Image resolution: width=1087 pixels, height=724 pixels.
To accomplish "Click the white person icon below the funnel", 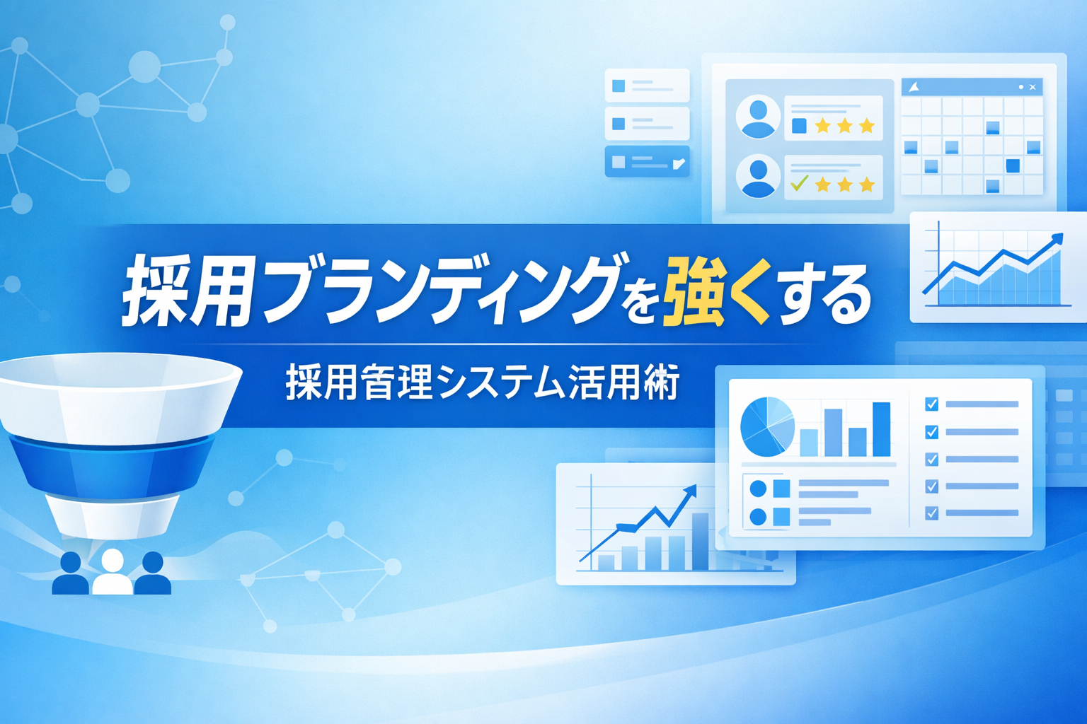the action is [x=112, y=572].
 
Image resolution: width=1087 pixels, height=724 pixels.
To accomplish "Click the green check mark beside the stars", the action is [x=799, y=183].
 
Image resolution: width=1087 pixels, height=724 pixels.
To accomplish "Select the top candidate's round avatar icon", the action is [x=758, y=117].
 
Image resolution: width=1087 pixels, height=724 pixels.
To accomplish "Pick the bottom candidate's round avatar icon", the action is [x=758, y=176].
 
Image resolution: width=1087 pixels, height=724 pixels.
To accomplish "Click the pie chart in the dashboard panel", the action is [x=767, y=427].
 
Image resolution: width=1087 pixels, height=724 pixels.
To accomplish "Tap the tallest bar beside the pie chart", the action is [x=882, y=429].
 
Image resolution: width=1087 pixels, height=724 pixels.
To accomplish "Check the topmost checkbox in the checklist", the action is [x=931, y=404].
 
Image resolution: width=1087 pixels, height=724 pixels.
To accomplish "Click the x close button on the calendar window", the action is [x=1033, y=87].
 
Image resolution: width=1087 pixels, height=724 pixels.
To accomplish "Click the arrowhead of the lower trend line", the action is [x=690, y=491].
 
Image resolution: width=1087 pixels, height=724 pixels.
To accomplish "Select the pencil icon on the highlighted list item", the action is [x=679, y=163].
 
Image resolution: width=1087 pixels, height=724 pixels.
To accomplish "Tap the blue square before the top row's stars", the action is [x=799, y=126].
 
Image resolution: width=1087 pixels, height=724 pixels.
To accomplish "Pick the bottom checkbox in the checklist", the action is [x=931, y=513].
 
